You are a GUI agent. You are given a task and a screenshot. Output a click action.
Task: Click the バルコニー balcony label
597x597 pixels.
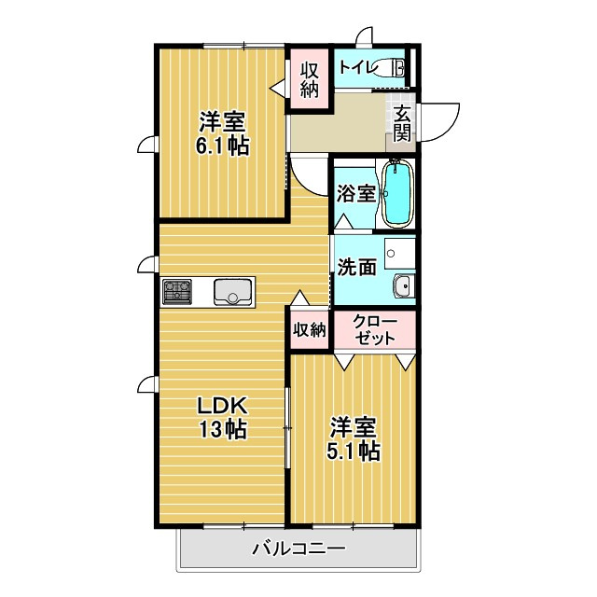point(298,548)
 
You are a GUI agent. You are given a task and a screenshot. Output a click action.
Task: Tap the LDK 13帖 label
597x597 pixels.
point(221,418)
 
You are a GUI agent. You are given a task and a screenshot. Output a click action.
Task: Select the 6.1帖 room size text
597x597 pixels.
point(221,146)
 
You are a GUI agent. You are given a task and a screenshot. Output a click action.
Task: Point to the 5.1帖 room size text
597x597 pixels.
point(354,451)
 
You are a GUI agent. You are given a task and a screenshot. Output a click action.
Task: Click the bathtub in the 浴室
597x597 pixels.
point(396,193)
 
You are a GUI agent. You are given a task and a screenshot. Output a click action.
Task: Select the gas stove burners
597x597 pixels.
point(177,293)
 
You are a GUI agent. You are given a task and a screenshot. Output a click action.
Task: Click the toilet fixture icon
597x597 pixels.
point(398,68)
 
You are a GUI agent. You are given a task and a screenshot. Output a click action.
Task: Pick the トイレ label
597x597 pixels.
point(357,67)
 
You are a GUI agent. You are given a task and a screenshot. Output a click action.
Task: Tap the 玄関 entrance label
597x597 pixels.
point(402,123)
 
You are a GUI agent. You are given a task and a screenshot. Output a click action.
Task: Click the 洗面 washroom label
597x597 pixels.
point(356,267)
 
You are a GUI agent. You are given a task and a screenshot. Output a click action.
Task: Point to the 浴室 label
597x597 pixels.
point(355,194)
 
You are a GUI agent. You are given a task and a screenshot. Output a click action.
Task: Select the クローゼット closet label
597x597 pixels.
point(375,330)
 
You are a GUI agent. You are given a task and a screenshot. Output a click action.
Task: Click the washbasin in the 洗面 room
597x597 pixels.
point(403,286)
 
